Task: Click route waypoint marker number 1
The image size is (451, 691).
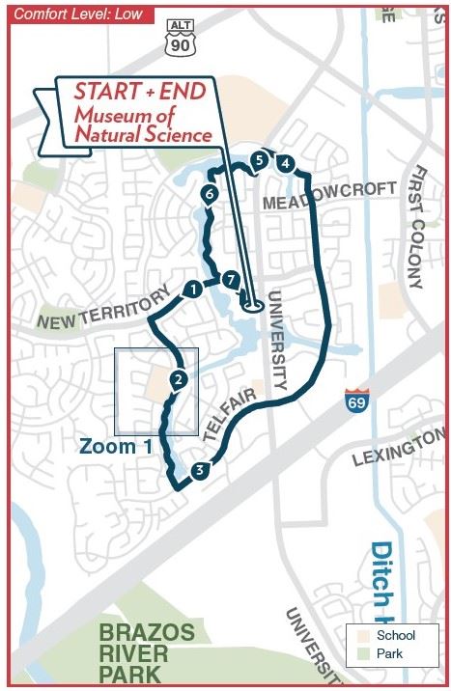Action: tap(192, 288)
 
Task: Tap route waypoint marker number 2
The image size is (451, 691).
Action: tap(177, 380)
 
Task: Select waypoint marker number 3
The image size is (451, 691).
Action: tap(198, 470)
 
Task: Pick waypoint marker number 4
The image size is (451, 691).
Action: tap(285, 164)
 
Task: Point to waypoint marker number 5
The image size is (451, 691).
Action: tap(259, 159)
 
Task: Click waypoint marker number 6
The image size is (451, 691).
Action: tap(209, 195)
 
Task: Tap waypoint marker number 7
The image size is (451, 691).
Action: tap(230, 279)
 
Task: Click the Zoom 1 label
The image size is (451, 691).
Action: tap(116, 446)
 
